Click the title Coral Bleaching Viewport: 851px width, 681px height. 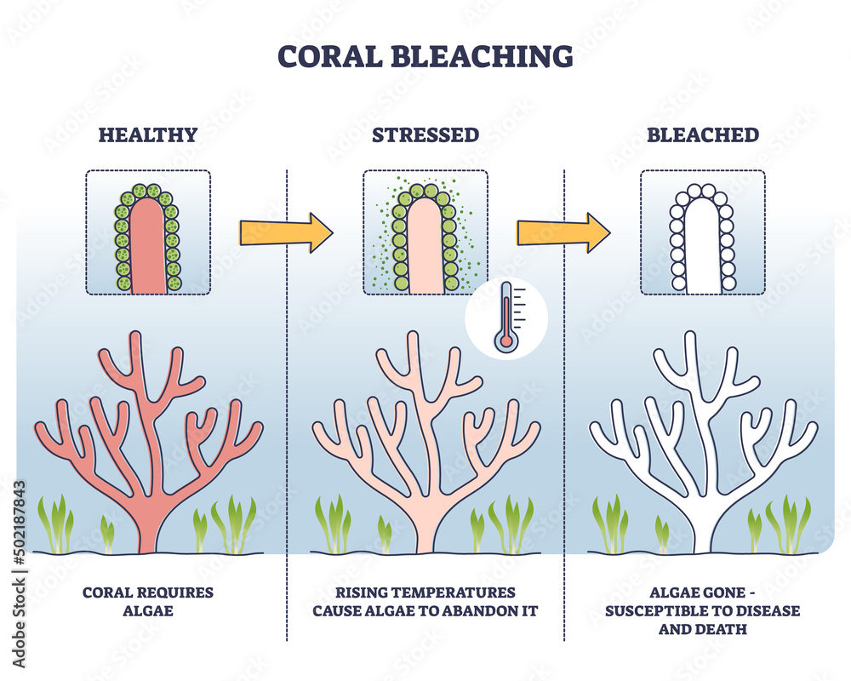point(425,56)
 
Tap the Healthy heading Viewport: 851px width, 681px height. point(148,134)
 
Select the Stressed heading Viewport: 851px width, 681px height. point(425,134)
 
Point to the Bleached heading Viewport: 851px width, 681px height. point(702,134)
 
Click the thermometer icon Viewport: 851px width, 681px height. point(506,318)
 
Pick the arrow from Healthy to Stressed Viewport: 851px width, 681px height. point(287,232)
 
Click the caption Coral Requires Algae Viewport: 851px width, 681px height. point(148,601)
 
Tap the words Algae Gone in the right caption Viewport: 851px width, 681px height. point(672,592)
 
